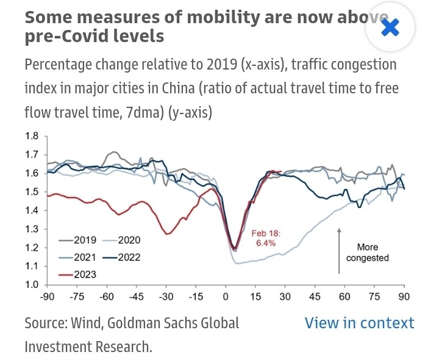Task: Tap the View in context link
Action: [359, 323]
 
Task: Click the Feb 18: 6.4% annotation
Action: [264, 238]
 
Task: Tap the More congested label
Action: [368, 252]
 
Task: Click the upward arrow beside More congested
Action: [338, 250]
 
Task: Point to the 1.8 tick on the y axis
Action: [32, 136]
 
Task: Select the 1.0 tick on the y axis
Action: [32, 285]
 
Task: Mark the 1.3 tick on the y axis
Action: [32, 229]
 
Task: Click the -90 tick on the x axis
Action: [48, 297]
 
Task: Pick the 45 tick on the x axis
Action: [315, 297]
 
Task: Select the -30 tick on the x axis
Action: [166, 297]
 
